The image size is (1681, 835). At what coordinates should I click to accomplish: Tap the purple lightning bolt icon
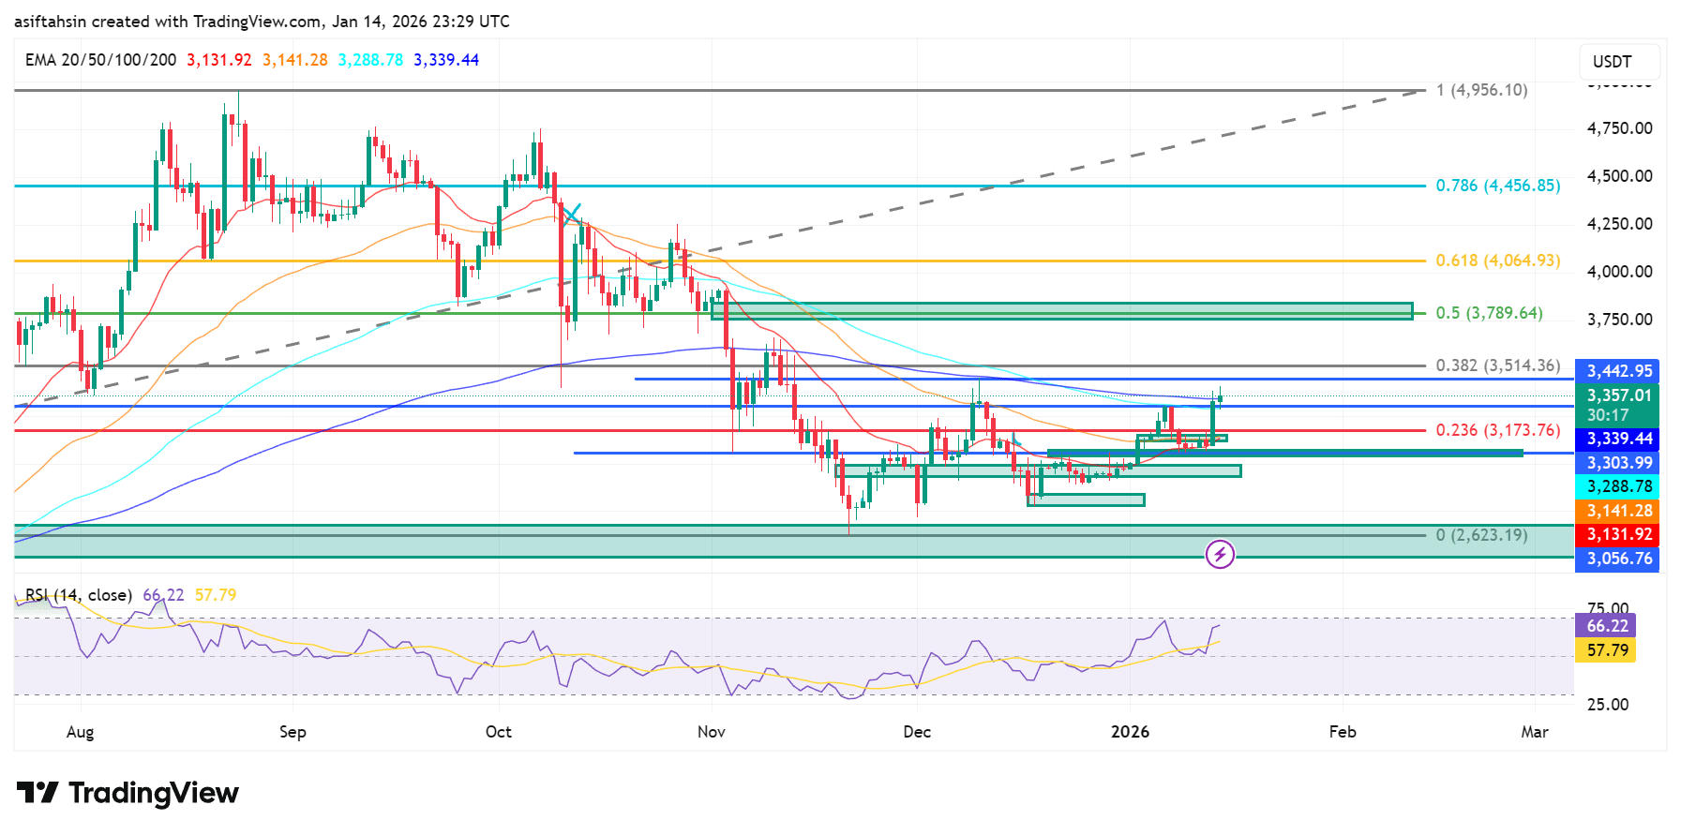1220,555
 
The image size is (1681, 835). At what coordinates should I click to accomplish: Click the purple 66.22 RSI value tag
1607,625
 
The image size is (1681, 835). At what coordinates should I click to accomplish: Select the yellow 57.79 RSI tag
1607,649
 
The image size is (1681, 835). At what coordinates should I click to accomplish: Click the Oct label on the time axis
499,732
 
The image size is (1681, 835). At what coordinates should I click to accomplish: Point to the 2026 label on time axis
1130,732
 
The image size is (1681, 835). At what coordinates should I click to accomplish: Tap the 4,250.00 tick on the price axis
1619,224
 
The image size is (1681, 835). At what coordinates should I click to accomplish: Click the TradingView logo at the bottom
128,793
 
